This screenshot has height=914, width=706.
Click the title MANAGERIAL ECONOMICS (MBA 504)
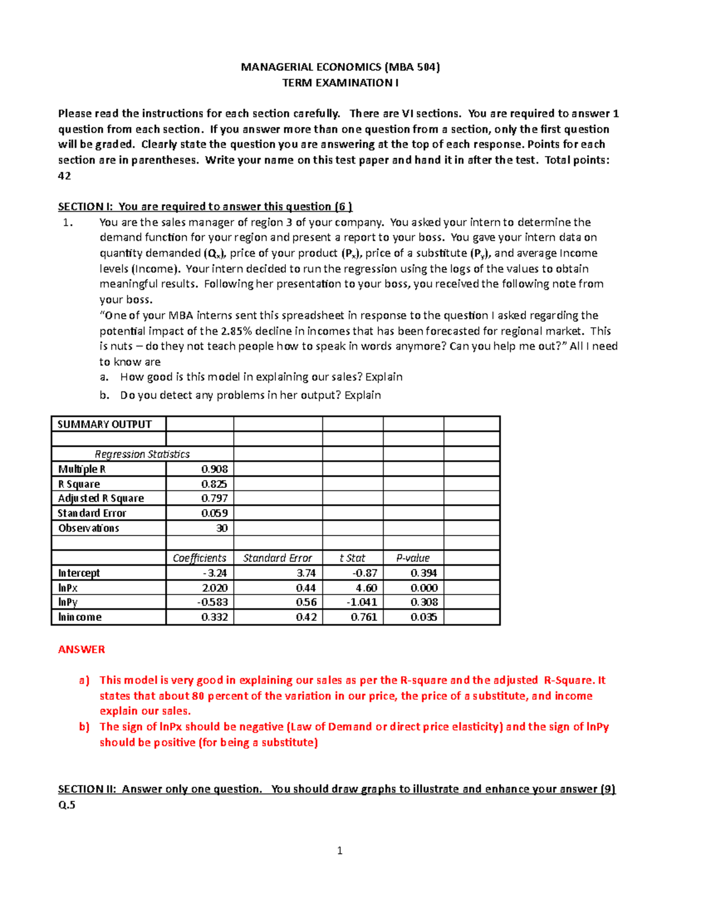click(340, 67)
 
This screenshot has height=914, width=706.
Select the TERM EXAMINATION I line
click(340, 83)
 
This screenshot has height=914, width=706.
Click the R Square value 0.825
click(214, 484)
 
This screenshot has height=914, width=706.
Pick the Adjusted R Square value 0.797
click(214, 498)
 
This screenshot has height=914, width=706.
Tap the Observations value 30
click(221, 529)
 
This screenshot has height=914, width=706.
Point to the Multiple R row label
click(82, 470)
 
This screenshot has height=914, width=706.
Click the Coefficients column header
click(199, 558)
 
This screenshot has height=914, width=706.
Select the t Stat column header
click(352, 558)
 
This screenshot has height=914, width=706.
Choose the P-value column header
click(412, 558)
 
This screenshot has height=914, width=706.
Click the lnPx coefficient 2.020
click(214, 588)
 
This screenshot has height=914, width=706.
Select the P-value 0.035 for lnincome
click(424, 617)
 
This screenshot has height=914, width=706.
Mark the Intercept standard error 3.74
click(306, 573)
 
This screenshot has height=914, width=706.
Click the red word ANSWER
click(81, 650)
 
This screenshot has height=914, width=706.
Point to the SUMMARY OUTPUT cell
click(104, 424)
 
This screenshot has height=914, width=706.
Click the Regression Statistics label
click(142, 454)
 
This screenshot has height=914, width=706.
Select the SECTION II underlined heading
click(337, 789)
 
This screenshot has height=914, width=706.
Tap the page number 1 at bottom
click(339, 850)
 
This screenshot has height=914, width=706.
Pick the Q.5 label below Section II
click(66, 805)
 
